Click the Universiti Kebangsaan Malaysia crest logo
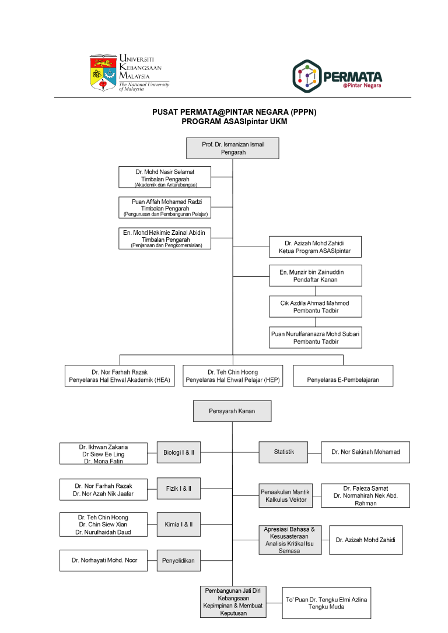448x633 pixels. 103,72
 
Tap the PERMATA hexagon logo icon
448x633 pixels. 307,76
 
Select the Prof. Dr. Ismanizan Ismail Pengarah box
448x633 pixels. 232,148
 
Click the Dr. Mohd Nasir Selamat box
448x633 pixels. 165,177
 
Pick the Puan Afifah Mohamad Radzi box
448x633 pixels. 165,208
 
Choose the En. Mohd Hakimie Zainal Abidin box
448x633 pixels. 165,238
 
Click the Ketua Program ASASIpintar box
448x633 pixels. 315,247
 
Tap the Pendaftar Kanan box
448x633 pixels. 316,276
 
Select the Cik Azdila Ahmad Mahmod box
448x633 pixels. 316,307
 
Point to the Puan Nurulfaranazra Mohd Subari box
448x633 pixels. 316,337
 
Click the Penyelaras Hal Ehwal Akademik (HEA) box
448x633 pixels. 120,376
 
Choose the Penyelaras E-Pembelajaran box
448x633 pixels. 343,376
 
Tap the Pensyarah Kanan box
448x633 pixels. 232,411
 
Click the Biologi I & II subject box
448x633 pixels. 178,452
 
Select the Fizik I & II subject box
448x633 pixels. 178,488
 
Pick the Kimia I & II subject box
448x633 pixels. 178,525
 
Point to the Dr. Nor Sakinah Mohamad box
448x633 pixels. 365,452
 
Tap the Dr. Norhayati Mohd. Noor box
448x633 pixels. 103,560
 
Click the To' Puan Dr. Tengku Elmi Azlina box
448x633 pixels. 327,603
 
